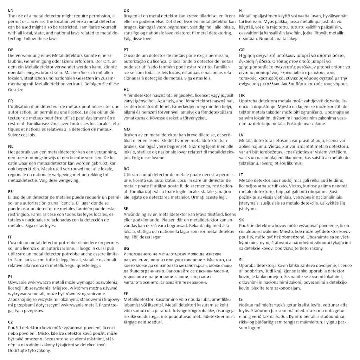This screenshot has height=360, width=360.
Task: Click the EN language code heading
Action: tap(11, 11)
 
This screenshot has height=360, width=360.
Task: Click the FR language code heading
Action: tap(11, 101)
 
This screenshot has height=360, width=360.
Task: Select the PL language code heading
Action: tap(11, 277)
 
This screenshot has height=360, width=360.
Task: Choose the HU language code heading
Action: tap(127, 90)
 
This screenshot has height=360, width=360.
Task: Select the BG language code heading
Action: tap(127, 249)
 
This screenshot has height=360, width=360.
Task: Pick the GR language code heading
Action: tap(242, 50)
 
